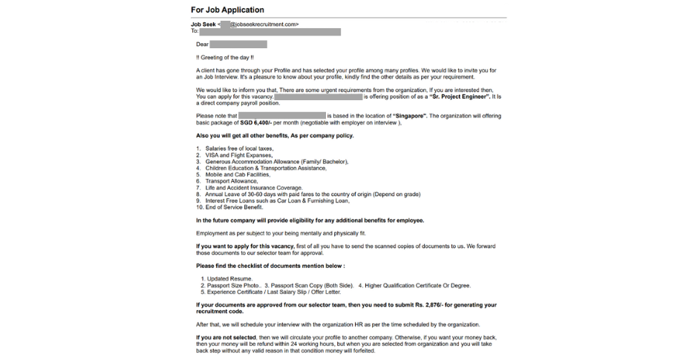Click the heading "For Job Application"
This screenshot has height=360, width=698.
point(227,10)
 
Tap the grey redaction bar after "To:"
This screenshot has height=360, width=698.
point(270,32)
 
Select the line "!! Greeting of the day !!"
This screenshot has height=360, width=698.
point(226,58)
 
